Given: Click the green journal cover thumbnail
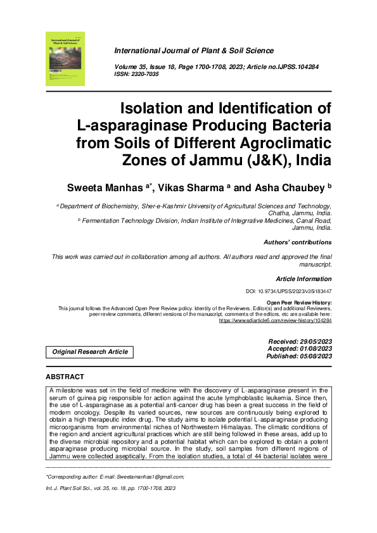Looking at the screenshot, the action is (x=65, y=59).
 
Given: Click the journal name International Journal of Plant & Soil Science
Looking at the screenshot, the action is (x=193, y=51).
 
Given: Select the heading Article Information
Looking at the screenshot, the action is (x=304, y=279).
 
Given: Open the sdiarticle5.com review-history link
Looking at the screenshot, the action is (x=275, y=321).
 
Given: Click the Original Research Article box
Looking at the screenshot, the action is (x=89, y=352).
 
